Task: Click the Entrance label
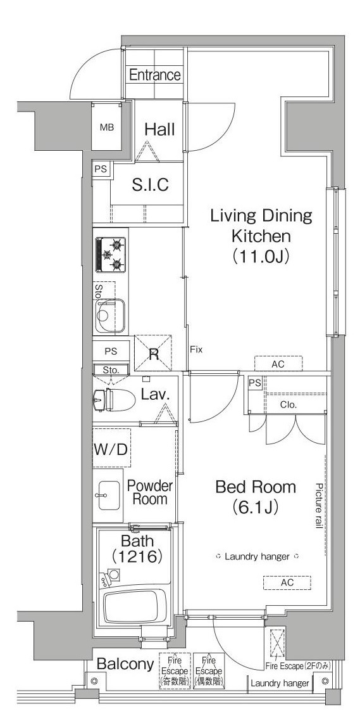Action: pos(154,75)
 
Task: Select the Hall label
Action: pos(159,129)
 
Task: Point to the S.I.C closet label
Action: pos(151,184)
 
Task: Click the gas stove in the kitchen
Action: pos(111,255)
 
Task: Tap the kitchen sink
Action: pos(110,316)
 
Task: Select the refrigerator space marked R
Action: pos(153,353)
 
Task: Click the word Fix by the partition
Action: pos(197,350)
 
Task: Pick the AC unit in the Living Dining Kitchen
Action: pos(278,364)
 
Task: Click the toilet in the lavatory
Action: pos(114,399)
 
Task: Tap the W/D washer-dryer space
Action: pos(111,449)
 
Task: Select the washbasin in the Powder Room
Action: pos(108,496)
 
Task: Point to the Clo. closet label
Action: pos(288,406)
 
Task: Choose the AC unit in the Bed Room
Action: pos(287,583)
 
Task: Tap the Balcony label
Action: pos(125,665)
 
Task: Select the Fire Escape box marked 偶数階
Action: pos(209,671)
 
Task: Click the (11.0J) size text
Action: pos(261,255)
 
